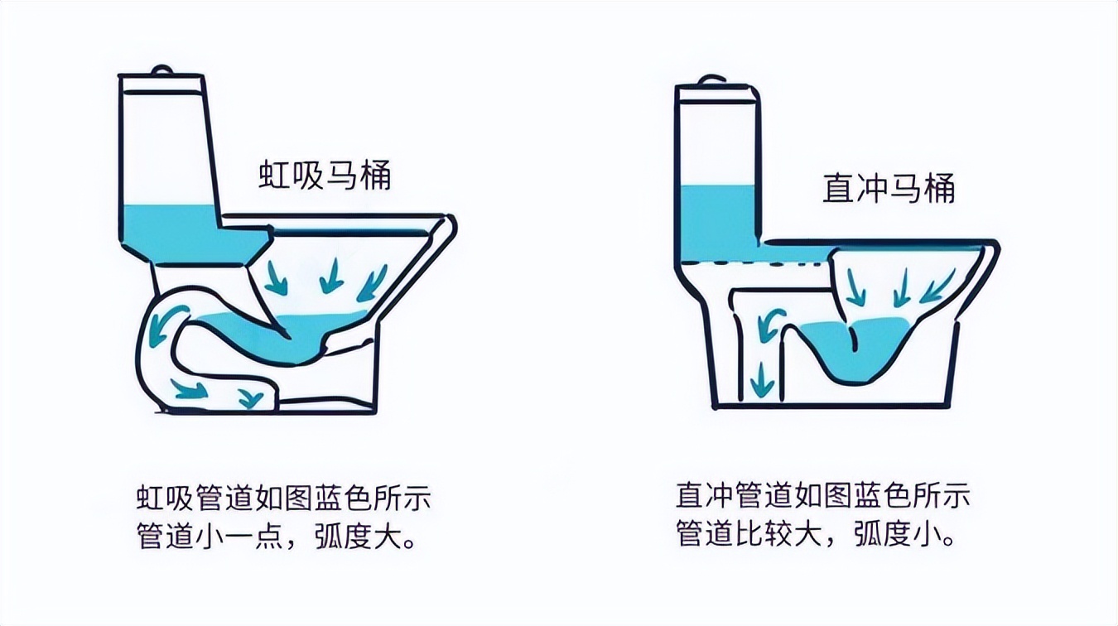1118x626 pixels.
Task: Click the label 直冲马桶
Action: pyautogui.click(x=889, y=189)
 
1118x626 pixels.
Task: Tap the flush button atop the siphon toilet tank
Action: pyautogui.click(x=162, y=70)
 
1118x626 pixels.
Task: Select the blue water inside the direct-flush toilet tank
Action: pyautogui.click(x=717, y=215)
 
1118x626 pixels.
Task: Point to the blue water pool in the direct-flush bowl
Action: pyautogui.click(x=865, y=348)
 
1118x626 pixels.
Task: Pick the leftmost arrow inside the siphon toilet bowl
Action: pyautogui.click(x=277, y=278)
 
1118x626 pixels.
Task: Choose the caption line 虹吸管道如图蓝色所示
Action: pyautogui.click(x=284, y=500)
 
